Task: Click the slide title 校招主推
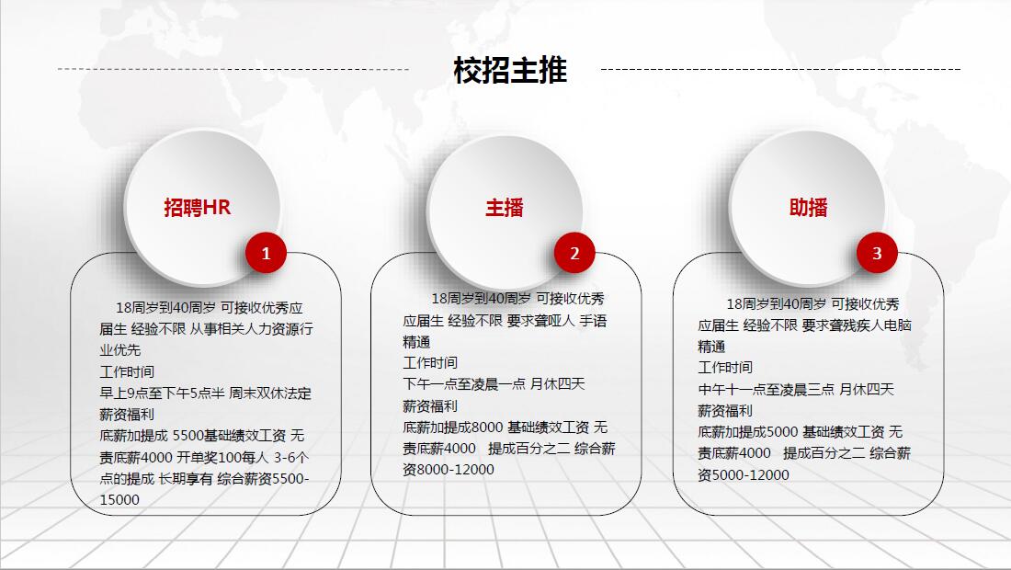[x=510, y=70]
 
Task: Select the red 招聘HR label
[x=198, y=208]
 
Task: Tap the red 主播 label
[x=505, y=208]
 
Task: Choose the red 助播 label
[x=809, y=208]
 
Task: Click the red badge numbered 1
[x=266, y=253]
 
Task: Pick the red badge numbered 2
[x=574, y=253]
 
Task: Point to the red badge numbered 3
[x=877, y=253]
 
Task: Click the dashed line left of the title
[x=233, y=69]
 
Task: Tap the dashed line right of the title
[x=780, y=69]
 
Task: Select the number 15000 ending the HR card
[x=119, y=500]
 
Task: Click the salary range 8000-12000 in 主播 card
[x=455, y=470]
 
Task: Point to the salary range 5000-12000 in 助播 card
[x=750, y=474]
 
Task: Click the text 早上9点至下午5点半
[x=162, y=393]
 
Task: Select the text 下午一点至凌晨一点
[x=464, y=384]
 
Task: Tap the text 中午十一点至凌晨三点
[x=766, y=390]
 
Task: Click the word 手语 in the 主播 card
[x=593, y=321]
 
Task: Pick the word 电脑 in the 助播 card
[x=898, y=325]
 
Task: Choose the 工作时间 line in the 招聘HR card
[x=127, y=372]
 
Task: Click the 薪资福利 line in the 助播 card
[x=725, y=411]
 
